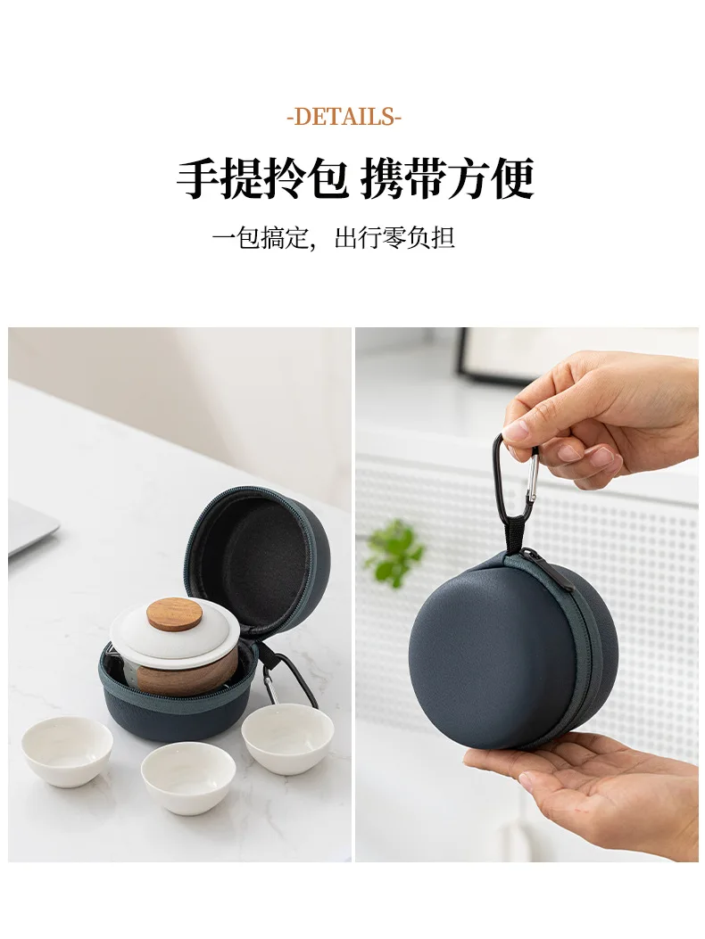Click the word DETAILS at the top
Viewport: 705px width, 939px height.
pos(344,116)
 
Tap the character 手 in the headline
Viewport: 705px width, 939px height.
pos(198,177)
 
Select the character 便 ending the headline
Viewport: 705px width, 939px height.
pos(513,177)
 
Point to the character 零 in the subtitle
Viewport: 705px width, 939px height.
pos(394,238)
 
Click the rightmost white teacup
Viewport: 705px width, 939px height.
pos(287,737)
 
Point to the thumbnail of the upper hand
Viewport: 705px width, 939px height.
pos(516,430)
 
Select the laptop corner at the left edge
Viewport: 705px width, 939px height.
pos(31,530)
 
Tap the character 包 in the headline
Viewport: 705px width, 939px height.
pos(326,177)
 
